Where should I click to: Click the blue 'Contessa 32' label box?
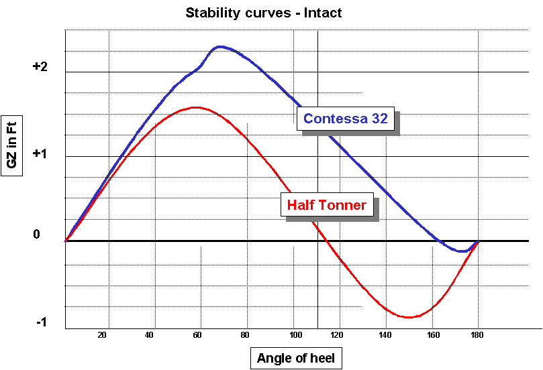(345, 119)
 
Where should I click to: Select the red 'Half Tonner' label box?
(327, 205)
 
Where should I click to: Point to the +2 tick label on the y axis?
(40, 67)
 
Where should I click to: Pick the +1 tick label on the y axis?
(40, 153)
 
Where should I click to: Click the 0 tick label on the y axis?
(37, 235)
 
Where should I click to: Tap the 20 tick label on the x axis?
(103, 335)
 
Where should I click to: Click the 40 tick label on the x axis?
(150, 335)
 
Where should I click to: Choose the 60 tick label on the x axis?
(197, 335)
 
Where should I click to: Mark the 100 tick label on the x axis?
(293, 335)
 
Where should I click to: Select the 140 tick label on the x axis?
(385, 335)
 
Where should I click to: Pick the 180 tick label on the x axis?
(477, 335)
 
